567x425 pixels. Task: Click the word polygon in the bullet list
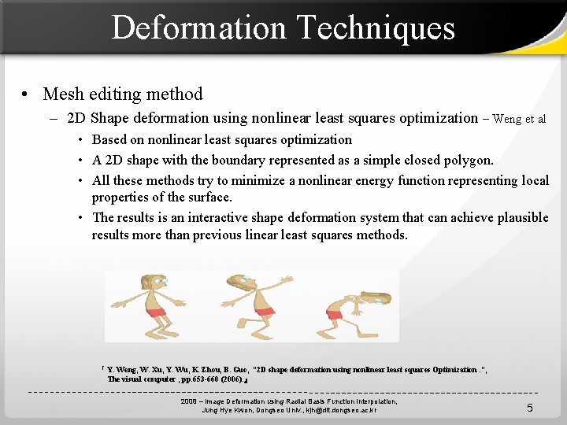(468, 160)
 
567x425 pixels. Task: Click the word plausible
(517, 217)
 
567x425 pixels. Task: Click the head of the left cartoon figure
(152, 283)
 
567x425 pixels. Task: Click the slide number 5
(530, 408)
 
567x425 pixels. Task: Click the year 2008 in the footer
(189, 401)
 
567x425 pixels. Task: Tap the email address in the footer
(332, 410)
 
